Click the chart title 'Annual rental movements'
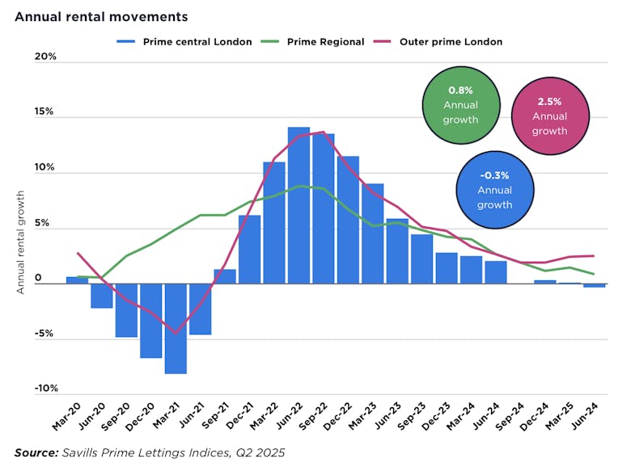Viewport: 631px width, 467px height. point(101,16)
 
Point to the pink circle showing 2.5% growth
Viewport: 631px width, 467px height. point(549,116)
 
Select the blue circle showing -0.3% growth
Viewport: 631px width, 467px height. point(494,190)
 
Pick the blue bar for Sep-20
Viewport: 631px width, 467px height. point(126,310)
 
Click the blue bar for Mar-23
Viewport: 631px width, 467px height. point(372,234)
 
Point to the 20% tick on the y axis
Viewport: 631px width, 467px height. point(44,57)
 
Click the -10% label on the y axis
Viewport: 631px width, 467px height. point(44,389)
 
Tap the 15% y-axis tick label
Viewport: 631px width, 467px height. point(44,111)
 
